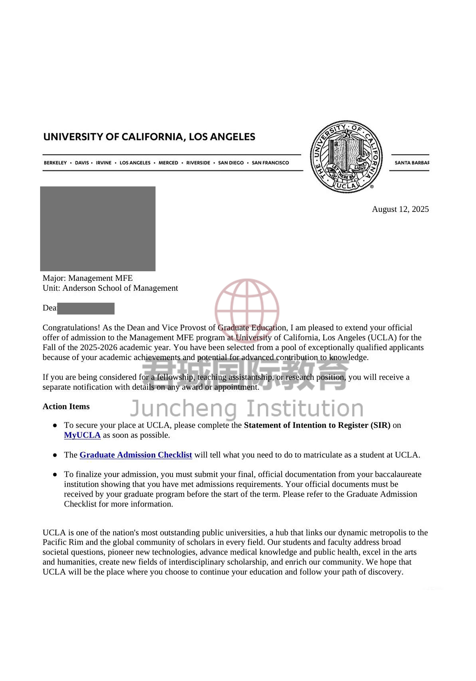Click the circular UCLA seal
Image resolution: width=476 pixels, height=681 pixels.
coord(346,157)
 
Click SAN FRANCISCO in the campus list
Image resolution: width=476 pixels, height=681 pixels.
coord(270,163)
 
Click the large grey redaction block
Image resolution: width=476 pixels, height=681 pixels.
coord(98,229)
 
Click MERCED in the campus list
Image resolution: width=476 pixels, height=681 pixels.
coord(168,163)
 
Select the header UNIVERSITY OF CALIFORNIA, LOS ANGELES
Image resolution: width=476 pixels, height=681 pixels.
coord(149,137)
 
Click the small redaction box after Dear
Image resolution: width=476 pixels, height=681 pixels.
coord(86,308)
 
